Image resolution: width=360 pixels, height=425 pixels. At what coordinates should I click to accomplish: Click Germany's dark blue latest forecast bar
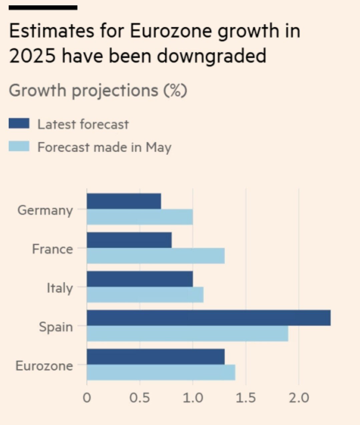pyautogui.click(x=124, y=201)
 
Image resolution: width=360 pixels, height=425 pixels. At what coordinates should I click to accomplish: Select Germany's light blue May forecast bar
pyautogui.click(x=140, y=217)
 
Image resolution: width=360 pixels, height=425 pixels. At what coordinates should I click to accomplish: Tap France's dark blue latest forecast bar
pyautogui.click(x=129, y=240)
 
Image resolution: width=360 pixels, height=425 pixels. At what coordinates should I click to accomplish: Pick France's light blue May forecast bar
pyautogui.click(x=155, y=256)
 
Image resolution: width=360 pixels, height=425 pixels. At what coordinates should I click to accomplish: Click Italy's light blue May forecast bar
pyautogui.click(x=145, y=295)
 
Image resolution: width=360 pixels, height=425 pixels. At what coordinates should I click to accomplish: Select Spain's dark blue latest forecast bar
pyautogui.click(x=209, y=318)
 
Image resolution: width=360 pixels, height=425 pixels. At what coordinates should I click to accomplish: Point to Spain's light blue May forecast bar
pyautogui.click(x=188, y=333)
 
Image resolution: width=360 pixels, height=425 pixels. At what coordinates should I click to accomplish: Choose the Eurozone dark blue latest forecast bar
pyautogui.click(x=155, y=357)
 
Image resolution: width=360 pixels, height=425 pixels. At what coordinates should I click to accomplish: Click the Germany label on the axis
pyautogui.click(x=45, y=210)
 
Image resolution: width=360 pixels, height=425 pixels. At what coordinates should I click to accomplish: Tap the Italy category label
pyautogui.click(x=60, y=288)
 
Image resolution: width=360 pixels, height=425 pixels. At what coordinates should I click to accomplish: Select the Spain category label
pyautogui.click(x=56, y=327)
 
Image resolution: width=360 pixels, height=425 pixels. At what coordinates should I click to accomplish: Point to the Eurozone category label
pyautogui.click(x=44, y=366)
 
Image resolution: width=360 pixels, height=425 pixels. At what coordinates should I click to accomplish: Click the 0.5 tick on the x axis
pyautogui.click(x=140, y=398)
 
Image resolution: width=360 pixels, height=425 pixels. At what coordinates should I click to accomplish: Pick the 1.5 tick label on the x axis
pyautogui.click(x=246, y=398)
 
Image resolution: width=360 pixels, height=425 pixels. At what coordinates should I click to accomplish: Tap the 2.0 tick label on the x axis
pyautogui.click(x=299, y=398)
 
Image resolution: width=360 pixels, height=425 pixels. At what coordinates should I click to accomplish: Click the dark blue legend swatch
pyautogui.click(x=19, y=123)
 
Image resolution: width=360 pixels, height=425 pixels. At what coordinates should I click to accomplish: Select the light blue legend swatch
pyautogui.click(x=19, y=146)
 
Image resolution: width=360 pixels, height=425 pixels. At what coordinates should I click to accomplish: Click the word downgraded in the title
pyautogui.click(x=212, y=56)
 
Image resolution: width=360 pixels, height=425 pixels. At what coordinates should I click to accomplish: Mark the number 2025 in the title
pyautogui.click(x=32, y=56)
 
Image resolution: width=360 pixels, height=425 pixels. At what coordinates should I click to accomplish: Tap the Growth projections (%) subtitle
pyautogui.click(x=98, y=90)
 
